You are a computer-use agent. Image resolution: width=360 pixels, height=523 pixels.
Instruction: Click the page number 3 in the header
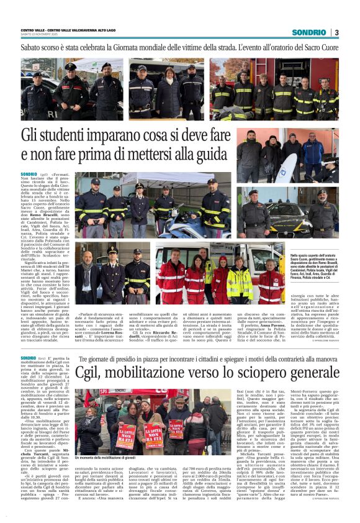coord(336,32)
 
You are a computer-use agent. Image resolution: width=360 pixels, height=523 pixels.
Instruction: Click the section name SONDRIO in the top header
coord(308,32)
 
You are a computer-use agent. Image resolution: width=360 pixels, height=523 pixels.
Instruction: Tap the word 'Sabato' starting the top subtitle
coord(32,47)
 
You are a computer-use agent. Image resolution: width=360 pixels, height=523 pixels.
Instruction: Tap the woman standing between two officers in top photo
coord(168,93)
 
